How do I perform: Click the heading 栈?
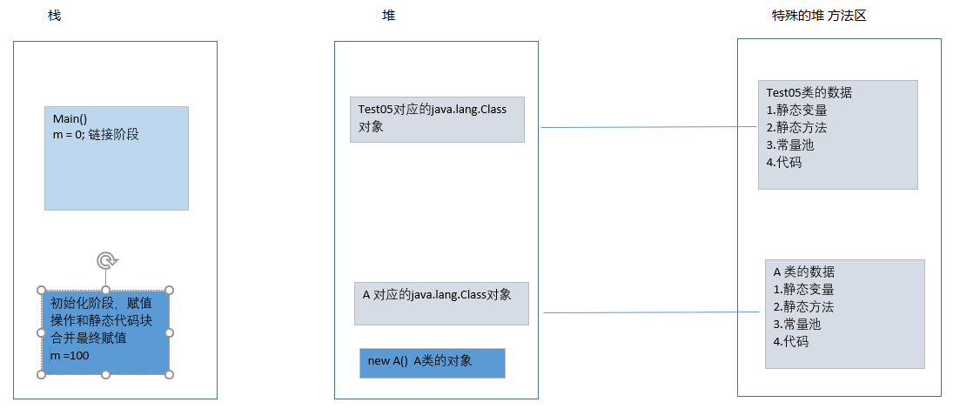pyautogui.click(x=55, y=17)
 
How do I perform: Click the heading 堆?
pyautogui.click(x=388, y=17)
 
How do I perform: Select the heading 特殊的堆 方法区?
pyautogui.click(x=819, y=17)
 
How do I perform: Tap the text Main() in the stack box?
pyautogui.click(x=70, y=119)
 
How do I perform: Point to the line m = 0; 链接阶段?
pyautogui.click(x=97, y=134)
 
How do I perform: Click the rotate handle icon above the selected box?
pyautogui.click(x=106, y=260)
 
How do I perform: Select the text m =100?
pyautogui.click(x=70, y=355)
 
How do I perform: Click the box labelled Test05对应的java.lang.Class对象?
pyautogui.click(x=437, y=118)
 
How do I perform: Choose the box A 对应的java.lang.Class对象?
pyautogui.click(x=441, y=303)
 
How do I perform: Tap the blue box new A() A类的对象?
pyautogui.click(x=432, y=362)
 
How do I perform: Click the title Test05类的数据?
pyautogui.click(x=809, y=93)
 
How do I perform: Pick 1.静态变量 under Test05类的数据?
pyautogui.click(x=796, y=111)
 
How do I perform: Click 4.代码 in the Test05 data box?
pyautogui.click(x=783, y=162)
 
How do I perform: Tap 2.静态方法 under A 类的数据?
pyautogui.click(x=803, y=307)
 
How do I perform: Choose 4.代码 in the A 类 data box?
pyautogui.click(x=790, y=342)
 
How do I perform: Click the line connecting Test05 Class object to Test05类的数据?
pyautogui.click(x=648, y=127)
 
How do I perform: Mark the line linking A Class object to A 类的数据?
pyautogui.click(x=653, y=312)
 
